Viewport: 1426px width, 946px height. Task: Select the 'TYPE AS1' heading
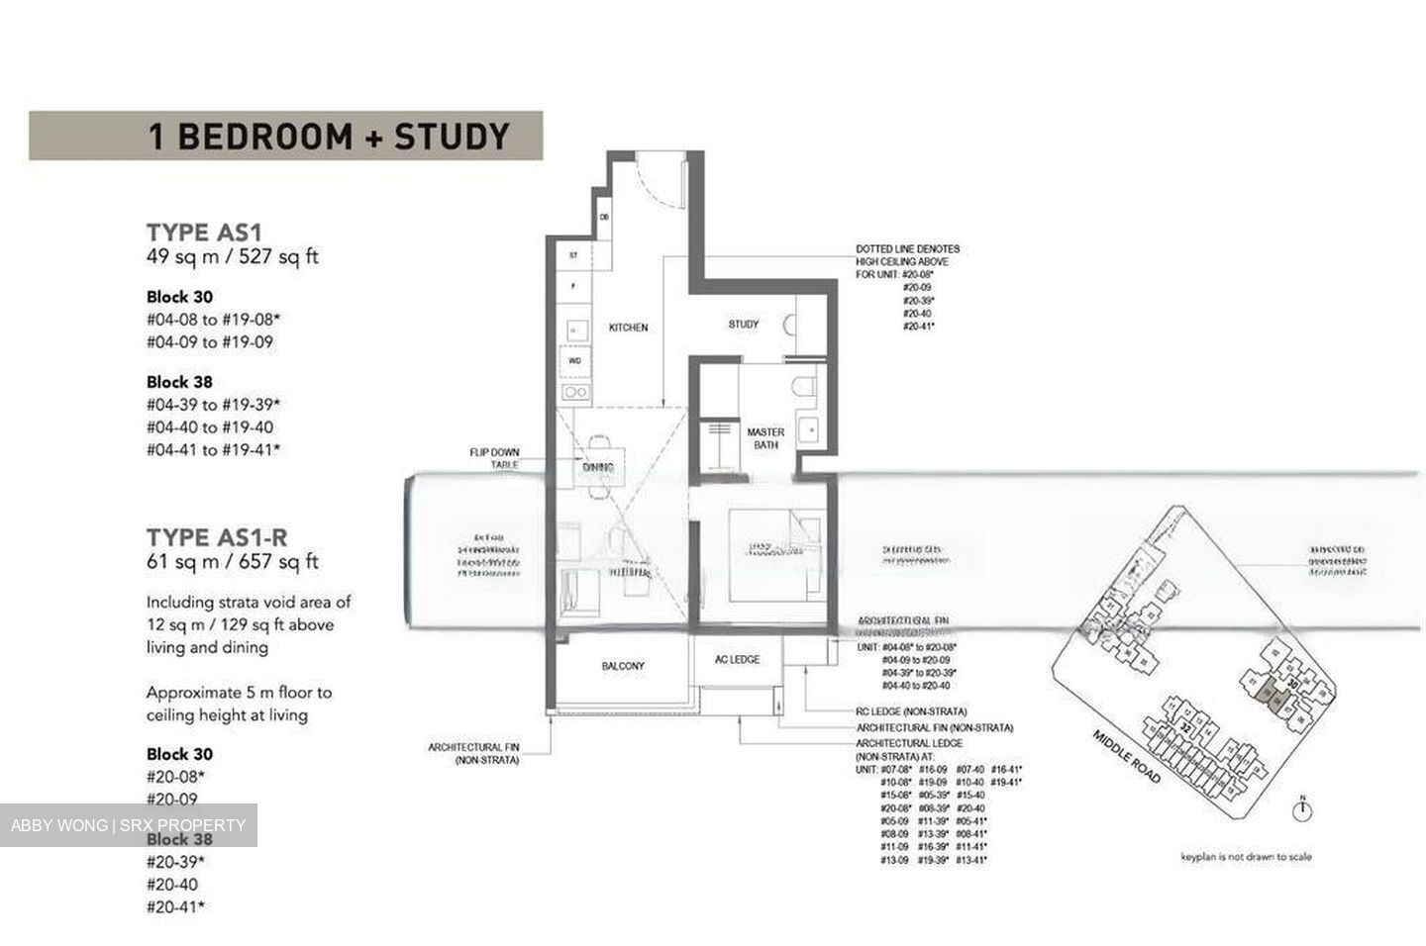pyautogui.click(x=204, y=233)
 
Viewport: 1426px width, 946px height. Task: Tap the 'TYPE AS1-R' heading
pyautogui.click(x=217, y=537)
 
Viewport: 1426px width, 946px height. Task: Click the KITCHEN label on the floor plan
pyautogui.click(x=628, y=328)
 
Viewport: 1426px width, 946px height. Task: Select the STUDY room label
pyautogui.click(x=743, y=325)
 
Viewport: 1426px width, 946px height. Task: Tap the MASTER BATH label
pyautogui.click(x=764, y=438)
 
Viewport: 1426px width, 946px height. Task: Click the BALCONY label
pyautogui.click(x=623, y=666)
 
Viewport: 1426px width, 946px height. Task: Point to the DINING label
pyautogui.click(x=597, y=467)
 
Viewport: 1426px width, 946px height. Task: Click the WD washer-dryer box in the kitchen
pyautogui.click(x=574, y=361)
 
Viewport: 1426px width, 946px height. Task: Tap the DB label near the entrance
pyautogui.click(x=604, y=218)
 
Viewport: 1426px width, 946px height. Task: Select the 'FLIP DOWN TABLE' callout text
pyautogui.click(x=494, y=458)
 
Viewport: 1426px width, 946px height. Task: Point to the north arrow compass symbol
pyautogui.click(x=1304, y=808)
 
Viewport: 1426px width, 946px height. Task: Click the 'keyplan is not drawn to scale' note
pyautogui.click(x=1245, y=857)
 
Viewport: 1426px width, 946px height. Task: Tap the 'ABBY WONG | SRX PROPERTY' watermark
pyautogui.click(x=128, y=825)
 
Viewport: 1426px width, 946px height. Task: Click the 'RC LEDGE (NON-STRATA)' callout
pyautogui.click(x=911, y=711)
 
